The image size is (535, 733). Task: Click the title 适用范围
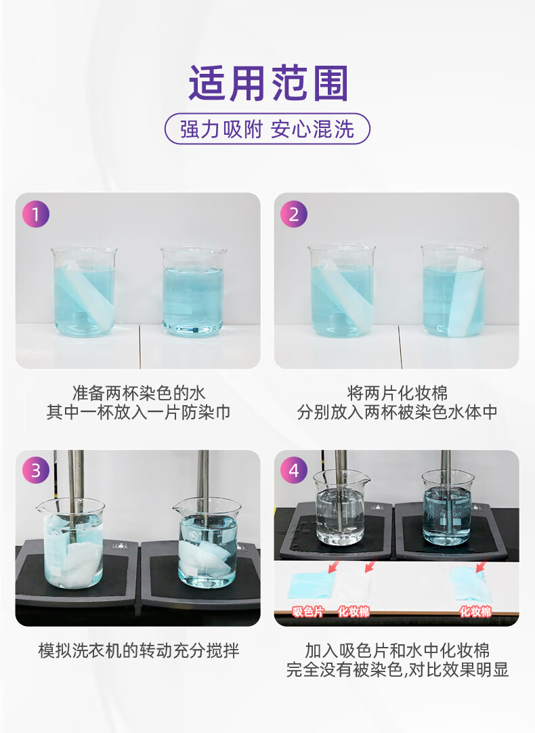[x=268, y=83]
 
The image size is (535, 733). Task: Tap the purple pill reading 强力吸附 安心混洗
[x=267, y=129]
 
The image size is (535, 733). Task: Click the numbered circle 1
[x=35, y=214]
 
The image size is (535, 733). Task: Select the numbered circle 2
[x=293, y=214]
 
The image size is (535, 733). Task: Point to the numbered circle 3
[x=35, y=470]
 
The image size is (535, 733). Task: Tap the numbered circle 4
[x=293, y=470]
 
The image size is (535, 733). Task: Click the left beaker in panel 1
[x=84, y=291]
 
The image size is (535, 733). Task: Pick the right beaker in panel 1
[x=194, y=291]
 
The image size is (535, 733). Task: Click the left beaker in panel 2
[x=341, y=291]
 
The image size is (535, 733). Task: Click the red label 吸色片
[x=308, y=612]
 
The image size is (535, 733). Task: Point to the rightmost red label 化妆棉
[x=475, y=612]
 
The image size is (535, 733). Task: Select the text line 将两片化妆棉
[x=397, y=393]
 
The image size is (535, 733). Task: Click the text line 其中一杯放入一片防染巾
[x=138, y=413]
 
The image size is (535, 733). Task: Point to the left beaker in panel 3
[x=72, y=542]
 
